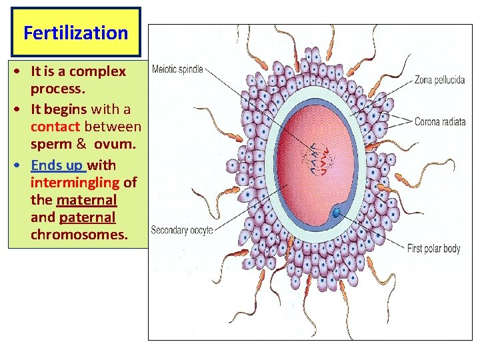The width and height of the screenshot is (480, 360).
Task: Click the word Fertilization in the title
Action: click(75, 33)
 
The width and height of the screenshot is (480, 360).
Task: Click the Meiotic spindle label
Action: click(178, 69)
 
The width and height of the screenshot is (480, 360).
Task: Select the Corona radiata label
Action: click(439, 122)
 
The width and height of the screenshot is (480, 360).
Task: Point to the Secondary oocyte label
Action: click(182, 230)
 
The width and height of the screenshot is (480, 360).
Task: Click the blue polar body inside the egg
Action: click(337, 212)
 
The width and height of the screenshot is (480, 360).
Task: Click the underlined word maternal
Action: click(87, 199)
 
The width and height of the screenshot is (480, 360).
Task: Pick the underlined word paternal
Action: click(87, 217)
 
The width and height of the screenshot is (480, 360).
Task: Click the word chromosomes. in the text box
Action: click(79, 235)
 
